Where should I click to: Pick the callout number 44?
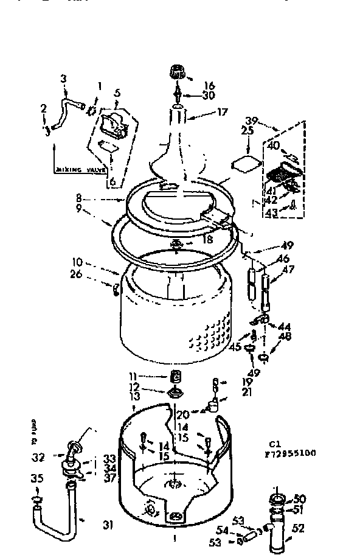click(285, 327)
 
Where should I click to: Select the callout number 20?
click(182, 415)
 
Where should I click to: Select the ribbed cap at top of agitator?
click(178, 74)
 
